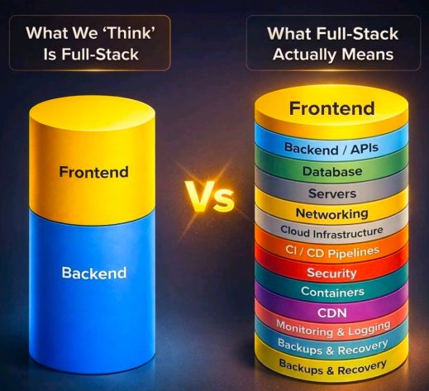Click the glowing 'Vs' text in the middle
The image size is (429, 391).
point(209,197)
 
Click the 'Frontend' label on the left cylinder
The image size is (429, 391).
point(94,172)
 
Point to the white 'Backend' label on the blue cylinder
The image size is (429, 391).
point(94,273)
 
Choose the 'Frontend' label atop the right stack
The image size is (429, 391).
point(332,108)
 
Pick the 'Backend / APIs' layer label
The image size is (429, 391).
point(331,149)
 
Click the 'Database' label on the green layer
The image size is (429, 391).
point(332,171)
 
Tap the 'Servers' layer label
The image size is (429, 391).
point(332,193)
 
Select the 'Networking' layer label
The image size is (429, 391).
point(332,213)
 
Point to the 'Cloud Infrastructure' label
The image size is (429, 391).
point(331,232)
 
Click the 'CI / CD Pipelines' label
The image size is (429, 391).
point(332,252)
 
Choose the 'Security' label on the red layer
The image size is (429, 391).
point(332,273)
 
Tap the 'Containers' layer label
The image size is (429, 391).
point(332,292)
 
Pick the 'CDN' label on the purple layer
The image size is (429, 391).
point(332,312)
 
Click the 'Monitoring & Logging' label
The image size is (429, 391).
point(333,329)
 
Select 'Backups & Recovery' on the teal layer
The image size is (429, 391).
point(333,347)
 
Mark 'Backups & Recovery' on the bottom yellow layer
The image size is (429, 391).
point(332,368)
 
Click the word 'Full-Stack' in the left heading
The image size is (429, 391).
point(100,54)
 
